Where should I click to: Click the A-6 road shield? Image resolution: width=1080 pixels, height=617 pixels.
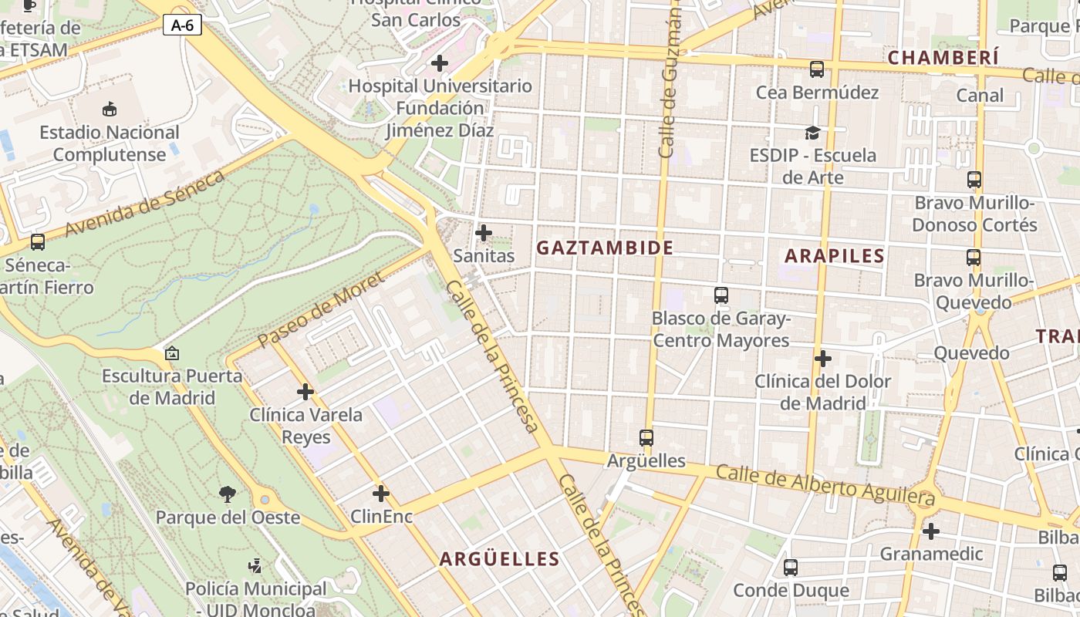click(x=182, y=25)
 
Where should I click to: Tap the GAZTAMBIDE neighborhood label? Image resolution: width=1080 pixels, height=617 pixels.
click(x=605, y=248)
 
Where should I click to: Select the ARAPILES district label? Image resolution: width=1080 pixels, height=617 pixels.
click(x=834, y=256)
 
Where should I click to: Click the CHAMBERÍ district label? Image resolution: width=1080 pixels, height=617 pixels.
click(x=943, y=58)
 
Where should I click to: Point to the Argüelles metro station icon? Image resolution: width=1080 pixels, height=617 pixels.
click(x=646, y=438)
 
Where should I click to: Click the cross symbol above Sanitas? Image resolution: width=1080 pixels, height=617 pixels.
click(x=484, y=232)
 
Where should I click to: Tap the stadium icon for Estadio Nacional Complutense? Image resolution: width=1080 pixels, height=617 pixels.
click(x=110, y=110)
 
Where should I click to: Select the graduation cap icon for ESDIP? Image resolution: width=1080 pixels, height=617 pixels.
click(x=812, y=133)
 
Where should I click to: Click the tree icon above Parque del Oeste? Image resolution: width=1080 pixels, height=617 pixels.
click(x=228, y=494)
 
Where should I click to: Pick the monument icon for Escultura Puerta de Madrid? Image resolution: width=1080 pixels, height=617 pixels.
click(x=172, y=354)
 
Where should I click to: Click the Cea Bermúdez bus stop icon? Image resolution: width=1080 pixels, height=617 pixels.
click(x=817, y=69)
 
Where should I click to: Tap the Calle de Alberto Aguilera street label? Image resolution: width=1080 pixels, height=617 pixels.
click(x=825, y=486)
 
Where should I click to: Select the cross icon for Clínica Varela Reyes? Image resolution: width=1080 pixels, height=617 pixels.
click(x=305, y=392)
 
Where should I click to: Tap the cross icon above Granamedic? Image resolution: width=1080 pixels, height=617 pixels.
click(x=931, y=531)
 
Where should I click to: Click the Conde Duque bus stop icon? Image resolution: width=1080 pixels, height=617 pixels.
click(x=791, y=568)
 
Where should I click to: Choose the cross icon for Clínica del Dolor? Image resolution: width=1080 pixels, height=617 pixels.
click(x=823, y=359)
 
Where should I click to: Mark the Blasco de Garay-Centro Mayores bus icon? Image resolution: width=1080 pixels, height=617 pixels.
click(x=721, y=295)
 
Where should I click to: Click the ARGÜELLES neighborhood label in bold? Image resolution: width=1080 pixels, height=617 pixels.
click(x=499, y=559)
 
